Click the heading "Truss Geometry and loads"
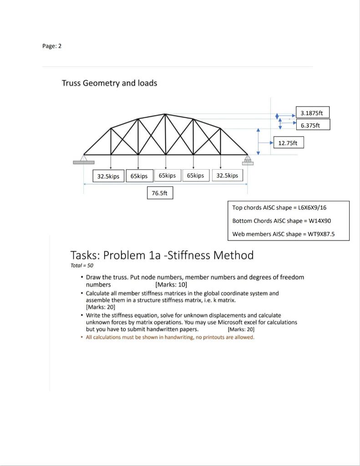point(109,83)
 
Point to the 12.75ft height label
point(288,143)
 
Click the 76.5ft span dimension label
point(159,193)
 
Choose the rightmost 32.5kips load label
point(227,176)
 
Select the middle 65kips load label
point(167,176)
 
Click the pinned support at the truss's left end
point(84,158)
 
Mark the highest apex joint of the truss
point(165,114)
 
